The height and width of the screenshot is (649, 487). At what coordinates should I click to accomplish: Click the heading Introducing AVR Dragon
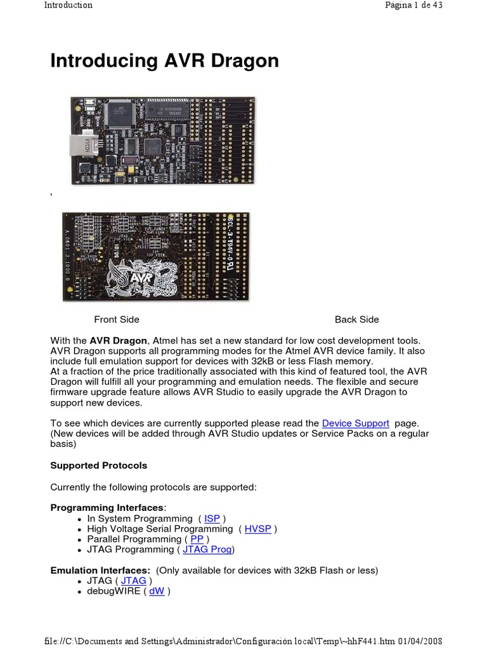click(164, 61)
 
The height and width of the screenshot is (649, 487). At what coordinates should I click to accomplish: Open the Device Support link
click(355, 423)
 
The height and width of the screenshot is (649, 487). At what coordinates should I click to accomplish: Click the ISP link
click(212, 518)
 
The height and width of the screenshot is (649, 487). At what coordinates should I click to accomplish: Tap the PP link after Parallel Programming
click(197, 539)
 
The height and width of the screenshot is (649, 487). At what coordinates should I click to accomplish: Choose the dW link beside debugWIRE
click(157, 591)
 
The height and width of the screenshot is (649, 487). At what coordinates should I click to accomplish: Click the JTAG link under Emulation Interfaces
click(133, 581)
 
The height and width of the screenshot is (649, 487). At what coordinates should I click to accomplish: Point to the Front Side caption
click(117, 319)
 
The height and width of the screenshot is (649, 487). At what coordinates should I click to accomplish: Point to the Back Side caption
click(357, 319)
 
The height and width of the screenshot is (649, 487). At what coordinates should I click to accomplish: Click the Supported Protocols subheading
click(98, 465)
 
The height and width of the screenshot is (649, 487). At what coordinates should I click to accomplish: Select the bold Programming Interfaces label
click(107, 508)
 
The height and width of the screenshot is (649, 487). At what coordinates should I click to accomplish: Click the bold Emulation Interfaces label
click(100, 570)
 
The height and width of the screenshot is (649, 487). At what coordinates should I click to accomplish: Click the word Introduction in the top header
click(68, 5)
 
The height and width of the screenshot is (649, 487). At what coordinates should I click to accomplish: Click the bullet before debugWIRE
click(78, 592)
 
